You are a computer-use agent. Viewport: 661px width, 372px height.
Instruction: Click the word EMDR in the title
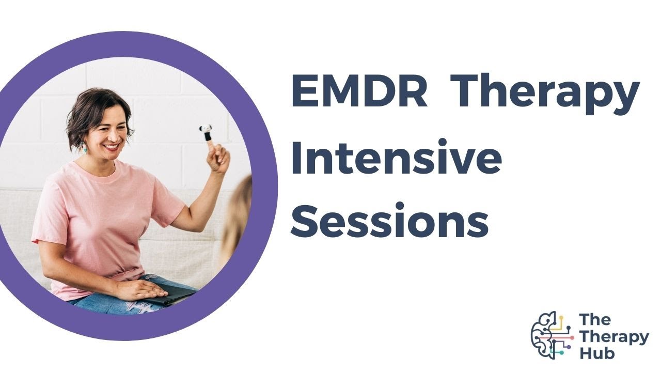pos(359,91)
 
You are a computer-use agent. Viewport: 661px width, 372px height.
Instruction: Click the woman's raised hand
pos(218,158)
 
